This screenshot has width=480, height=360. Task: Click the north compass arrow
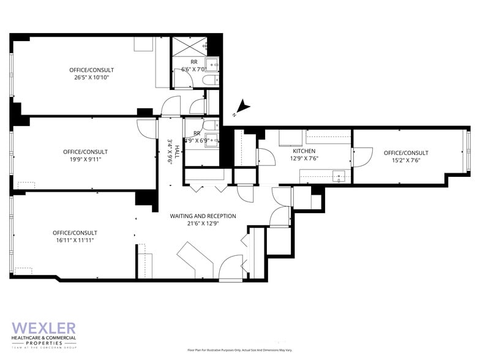tap(243, 107)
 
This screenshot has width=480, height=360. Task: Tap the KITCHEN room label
tap(304, 151)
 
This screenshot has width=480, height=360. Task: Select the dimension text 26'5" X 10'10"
tap(91, 78)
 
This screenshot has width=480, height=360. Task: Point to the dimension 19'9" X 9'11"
tap(85, 160)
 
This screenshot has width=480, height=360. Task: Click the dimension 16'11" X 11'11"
tap(75, 241)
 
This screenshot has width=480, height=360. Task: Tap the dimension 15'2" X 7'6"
tap(406, 161)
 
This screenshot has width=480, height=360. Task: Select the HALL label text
tap(176, 151)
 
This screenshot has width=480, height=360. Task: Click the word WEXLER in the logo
tap(43, 328)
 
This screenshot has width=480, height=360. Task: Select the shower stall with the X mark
tap(189, 46)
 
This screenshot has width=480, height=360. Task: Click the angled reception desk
tap(195, 260)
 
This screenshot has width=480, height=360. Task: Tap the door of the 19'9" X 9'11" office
tap(146, 127)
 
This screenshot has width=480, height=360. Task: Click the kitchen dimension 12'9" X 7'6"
tap(304, 159)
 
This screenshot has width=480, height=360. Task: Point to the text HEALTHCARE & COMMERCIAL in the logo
tap(44, 338)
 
